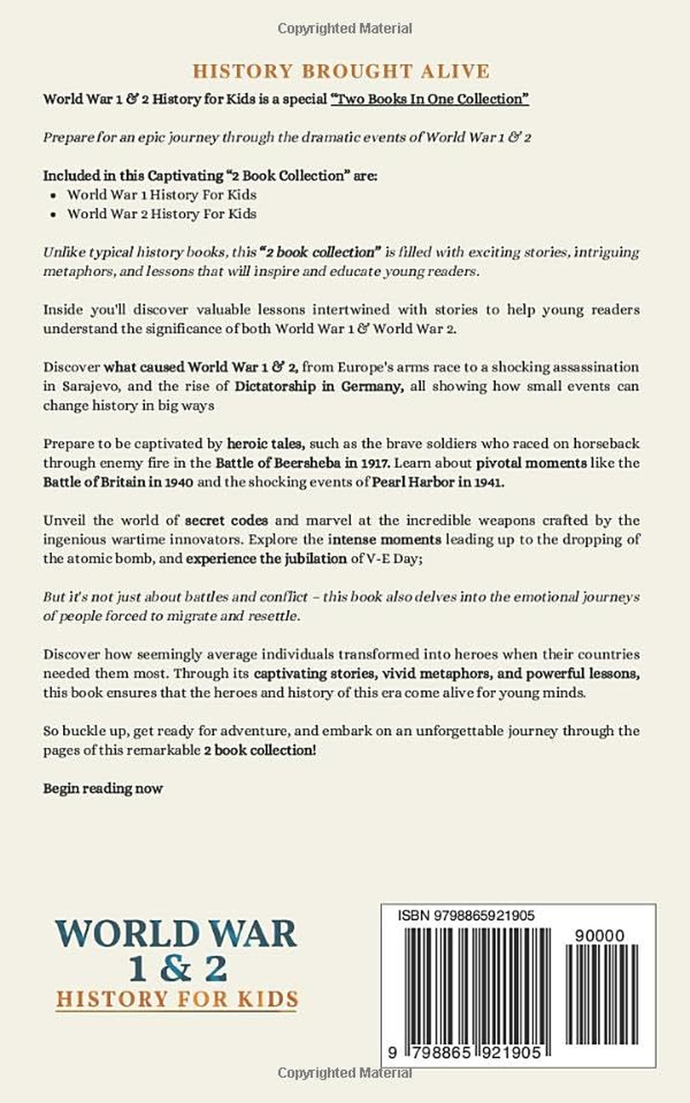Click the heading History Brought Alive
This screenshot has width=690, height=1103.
341,71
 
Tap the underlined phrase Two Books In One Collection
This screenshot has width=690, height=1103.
430,99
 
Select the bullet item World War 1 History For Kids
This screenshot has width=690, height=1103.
162,195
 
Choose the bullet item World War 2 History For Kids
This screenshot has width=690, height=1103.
162,214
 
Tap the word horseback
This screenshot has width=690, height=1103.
606,445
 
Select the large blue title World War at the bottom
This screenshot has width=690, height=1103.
176,934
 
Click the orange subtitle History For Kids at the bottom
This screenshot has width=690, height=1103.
177,1000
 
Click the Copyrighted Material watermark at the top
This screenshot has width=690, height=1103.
344,29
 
